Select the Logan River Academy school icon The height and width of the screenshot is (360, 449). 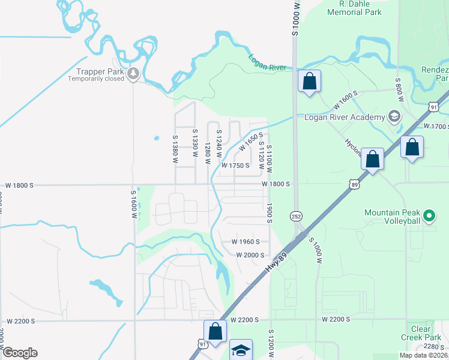pos(394,115)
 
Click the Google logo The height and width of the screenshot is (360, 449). pos(20,353)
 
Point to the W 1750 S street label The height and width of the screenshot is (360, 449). pos(235,166)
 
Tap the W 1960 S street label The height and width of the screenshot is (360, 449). pos(246,242)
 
